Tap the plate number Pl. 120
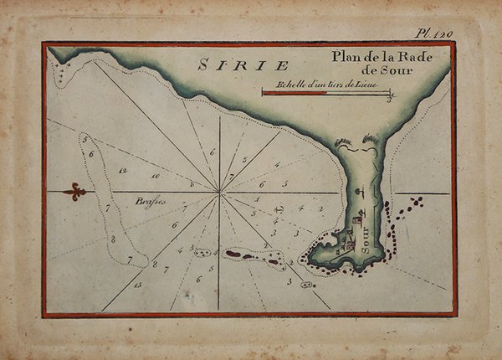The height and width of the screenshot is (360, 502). pos(434,34)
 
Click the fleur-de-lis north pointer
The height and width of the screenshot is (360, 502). pos(74,192)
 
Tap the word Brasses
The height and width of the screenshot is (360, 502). pos(151,201)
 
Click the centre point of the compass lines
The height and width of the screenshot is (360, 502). pos(219,193)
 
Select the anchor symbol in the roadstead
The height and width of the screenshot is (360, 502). pos(281,206)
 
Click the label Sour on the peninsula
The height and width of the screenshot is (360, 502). pos(369,243)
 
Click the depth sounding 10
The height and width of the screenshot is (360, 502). pos(155,177)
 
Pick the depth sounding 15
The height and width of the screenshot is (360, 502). pos(137,285)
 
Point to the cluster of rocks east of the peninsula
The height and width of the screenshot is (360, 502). pos(412,203)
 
